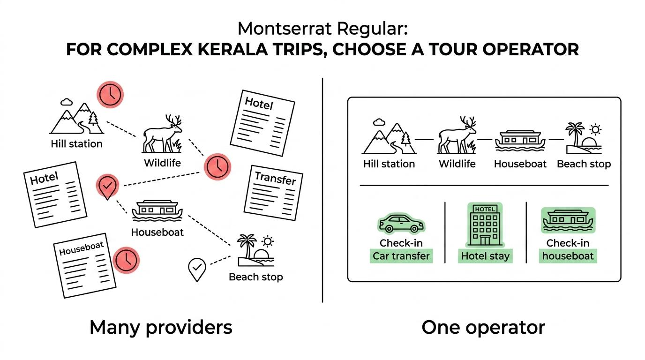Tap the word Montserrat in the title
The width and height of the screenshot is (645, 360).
click(285, 29)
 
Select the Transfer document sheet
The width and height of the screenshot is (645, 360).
click(273, 193)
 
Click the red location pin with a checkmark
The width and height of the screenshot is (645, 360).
click(107, 187)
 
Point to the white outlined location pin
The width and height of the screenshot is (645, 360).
click(197, 269)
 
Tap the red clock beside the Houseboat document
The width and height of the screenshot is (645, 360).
click(126, 260)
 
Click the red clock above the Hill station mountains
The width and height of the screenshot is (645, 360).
click(110, 95)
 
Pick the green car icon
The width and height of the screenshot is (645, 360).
click(401, 223)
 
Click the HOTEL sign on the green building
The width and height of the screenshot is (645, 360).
click(485, 209)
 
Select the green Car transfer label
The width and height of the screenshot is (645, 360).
click(401, 256)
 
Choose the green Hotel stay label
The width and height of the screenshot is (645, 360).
click(485, 256)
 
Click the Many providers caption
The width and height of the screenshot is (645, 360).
click(161, 328)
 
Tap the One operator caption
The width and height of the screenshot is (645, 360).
click(483, 328)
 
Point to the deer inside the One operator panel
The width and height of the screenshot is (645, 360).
click(457, 135)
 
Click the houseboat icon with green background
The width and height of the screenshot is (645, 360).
click(568, 220)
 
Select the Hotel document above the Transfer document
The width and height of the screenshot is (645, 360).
click(262, 123)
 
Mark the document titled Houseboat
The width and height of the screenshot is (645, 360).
click(85, 265)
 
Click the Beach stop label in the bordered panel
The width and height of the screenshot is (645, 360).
click(584, 164)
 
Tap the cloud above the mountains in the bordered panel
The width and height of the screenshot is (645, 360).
click(379, 122)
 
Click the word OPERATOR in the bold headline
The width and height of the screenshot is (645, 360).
click(531, 50)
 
